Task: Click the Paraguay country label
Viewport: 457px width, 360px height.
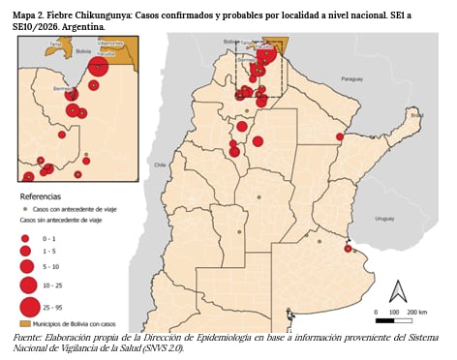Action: (351, 78)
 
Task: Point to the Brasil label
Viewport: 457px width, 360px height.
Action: (416, 115)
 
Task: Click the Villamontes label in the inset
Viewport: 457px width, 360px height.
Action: (112, 44)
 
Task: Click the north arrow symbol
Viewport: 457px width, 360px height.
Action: (397, 290)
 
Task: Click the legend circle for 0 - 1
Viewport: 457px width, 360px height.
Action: (26, 237)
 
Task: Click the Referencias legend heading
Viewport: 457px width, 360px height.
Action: (40, 196)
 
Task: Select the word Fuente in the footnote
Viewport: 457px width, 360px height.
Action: (31, 336)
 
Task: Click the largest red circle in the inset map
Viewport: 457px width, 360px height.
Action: (98, 67)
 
